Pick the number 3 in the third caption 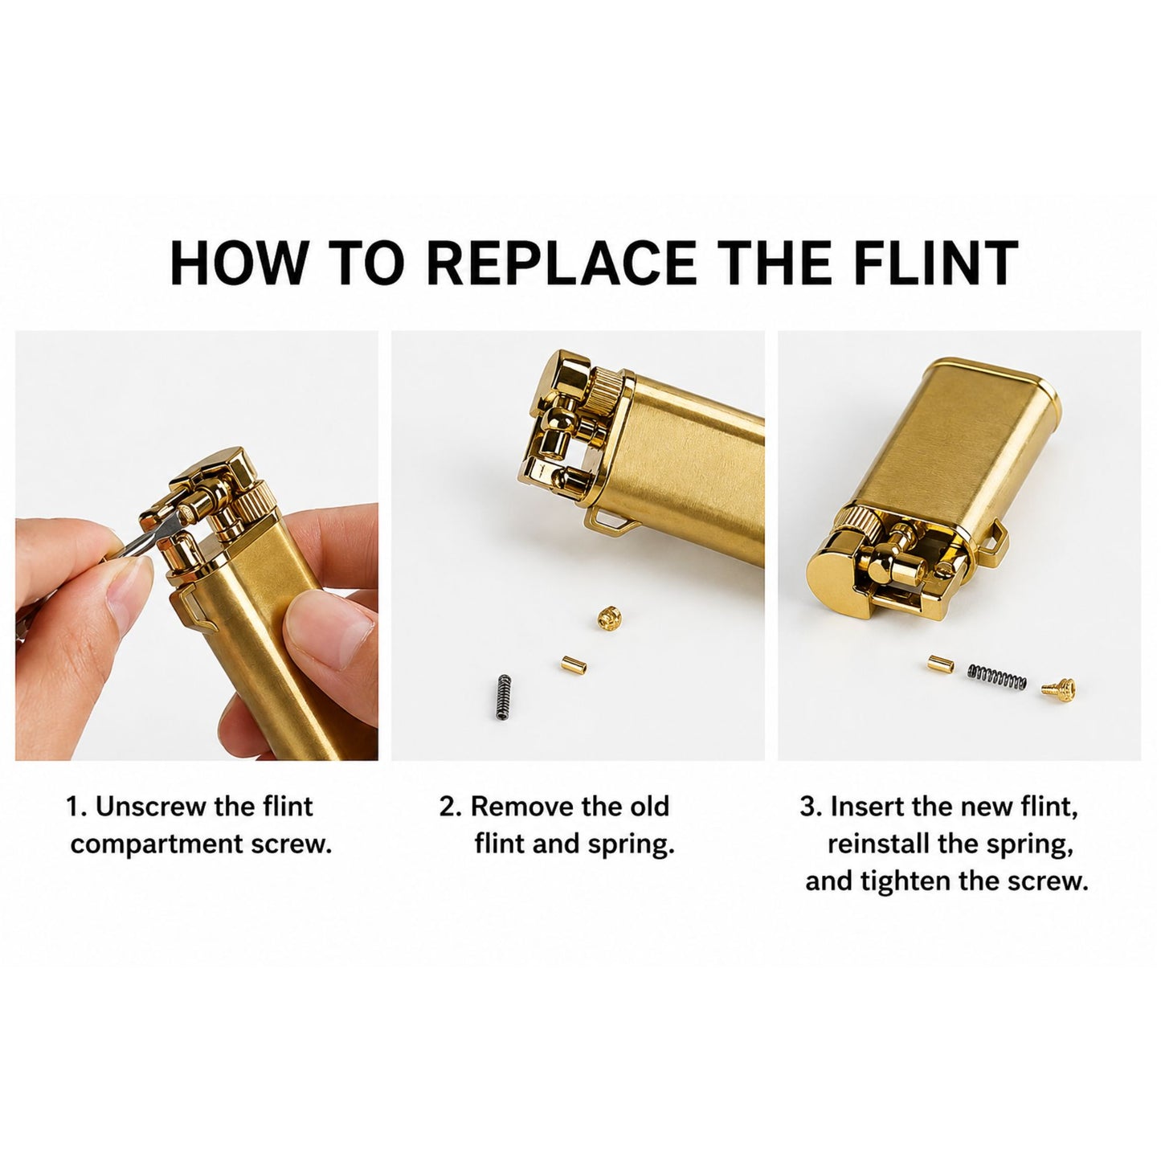[x=807, y=807]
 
